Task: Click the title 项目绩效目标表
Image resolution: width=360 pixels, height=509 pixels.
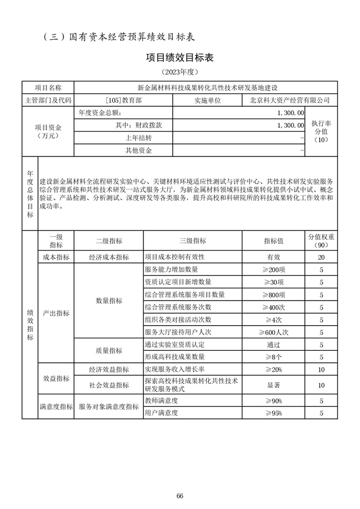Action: click(180, 57)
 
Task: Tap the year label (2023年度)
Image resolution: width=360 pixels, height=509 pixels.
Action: click(180, 72)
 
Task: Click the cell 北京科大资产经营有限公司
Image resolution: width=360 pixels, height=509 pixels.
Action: click(290, 100)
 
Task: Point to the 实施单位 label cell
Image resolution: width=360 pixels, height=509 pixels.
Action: click(208, 100)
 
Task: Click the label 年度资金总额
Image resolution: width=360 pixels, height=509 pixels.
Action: click(102, 112)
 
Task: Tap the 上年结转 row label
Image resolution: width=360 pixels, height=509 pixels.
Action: click(139, 138)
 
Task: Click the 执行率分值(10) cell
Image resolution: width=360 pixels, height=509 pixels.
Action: click(321, 131)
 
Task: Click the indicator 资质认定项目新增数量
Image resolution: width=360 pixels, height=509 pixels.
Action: click(178, 282)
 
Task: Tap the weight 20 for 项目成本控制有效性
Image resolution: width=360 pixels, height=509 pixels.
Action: click(321, 257)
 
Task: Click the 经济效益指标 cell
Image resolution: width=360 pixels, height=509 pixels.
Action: click(109, 370)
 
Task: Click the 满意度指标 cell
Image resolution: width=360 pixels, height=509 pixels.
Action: click(56, 407)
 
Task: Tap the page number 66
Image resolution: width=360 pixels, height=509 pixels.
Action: click(180, 496)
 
